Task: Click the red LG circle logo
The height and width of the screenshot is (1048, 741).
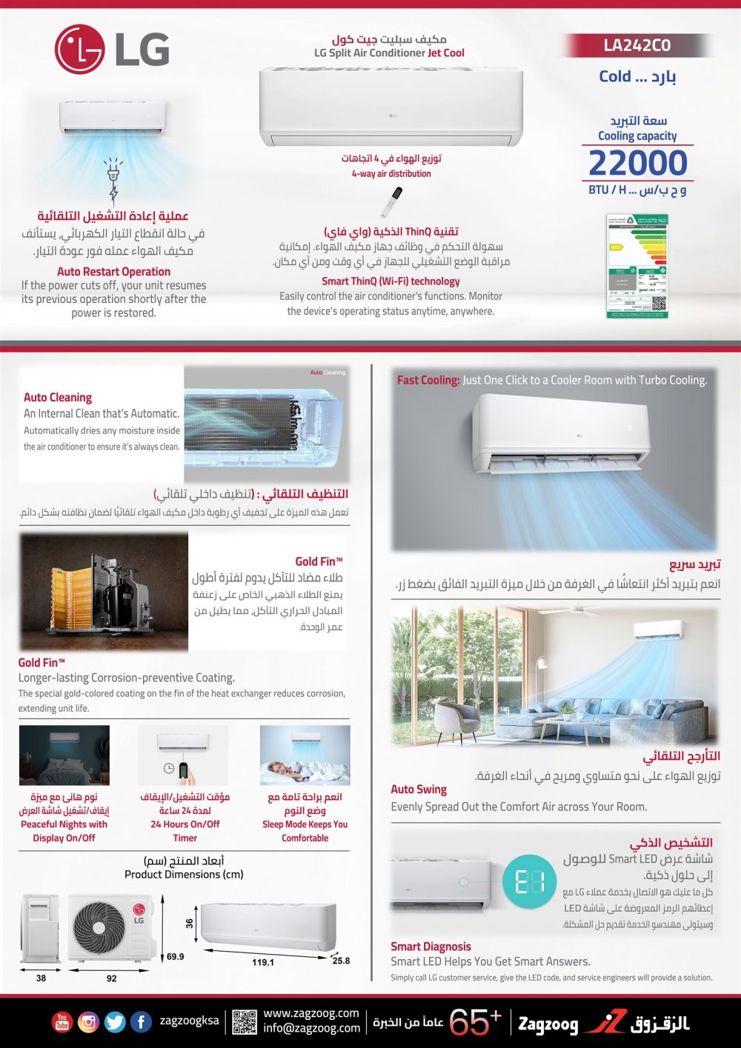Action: pyautogui.click(x=79, y=50)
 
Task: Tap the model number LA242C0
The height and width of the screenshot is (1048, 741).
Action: pyautogui.click(x=637, y=46)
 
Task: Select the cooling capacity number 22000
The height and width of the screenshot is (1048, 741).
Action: pyautogui.click(x=638, y=163)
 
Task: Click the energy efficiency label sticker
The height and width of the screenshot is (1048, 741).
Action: pyautogui.click(x=637, y=266)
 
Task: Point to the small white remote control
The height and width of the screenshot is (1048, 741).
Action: pyautogui.click(x=395, y=202)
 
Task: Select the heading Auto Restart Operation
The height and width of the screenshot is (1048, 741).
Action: pyautogui.click(x=113, y=272)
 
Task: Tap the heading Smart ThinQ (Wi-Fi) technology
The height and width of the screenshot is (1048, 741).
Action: pyautogui.click(x=391, y=281)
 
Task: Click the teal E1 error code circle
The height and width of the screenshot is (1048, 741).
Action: pyautogui.click(x=529, y=882)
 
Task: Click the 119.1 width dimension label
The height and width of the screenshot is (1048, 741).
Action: pyautogui.click(x=263, y=962)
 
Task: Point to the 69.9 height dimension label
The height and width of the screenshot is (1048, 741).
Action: pyautogui.click(x=176, y=956)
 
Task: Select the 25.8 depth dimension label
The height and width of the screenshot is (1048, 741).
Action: pyautogui.click(x=341, y=961)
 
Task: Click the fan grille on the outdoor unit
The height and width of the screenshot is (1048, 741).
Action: pyautogui.click(x=99, y=927)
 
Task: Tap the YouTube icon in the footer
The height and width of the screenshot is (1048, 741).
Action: pyautogui.click(x=62, y=1022)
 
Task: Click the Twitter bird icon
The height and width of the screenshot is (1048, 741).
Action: pyautogui.click(x=115, y=1022)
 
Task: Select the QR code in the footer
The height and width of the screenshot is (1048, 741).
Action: pyautogui.click(x=245, y=1022)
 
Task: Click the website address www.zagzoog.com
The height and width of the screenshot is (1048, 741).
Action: pyautogui.click(x=311, y=1013)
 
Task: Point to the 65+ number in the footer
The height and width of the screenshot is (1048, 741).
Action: pyautogui.click(x=475, y=1022)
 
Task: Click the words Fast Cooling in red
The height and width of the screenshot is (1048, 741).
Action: pyautogui.click(x=428, y=380)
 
